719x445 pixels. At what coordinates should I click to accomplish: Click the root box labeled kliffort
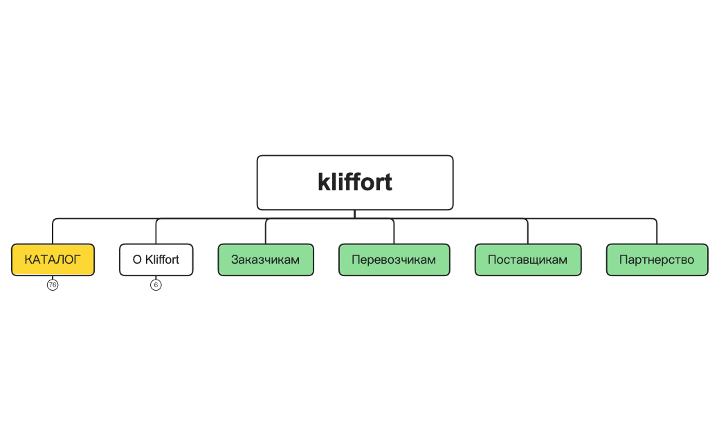tap(355, 183)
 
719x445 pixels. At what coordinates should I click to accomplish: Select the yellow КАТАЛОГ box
tap(53, 260)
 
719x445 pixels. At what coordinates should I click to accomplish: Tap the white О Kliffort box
tap(156, 260)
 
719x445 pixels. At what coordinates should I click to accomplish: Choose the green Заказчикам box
tap(266, 260)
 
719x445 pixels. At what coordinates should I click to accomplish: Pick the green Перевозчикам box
tap(394, 260)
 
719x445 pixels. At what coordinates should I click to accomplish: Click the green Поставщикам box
tap(528, 260)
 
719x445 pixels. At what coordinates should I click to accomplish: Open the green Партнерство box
tap(657, 260)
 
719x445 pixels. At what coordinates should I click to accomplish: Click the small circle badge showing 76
tap(53, 285)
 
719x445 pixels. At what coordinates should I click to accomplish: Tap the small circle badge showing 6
tap(156, 285)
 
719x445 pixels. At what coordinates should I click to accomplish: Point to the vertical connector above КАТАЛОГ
tap(53, 232)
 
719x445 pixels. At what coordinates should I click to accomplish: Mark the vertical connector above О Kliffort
tap(156, 232)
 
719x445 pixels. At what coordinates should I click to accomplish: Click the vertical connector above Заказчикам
tap(266, 232)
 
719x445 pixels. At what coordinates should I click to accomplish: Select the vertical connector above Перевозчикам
tap(394, 232)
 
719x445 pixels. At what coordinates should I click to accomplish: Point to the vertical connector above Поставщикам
tap(528, 232)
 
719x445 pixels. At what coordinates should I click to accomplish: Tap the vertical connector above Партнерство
tap(657, 232)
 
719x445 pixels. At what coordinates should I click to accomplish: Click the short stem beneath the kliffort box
tap(355, 215)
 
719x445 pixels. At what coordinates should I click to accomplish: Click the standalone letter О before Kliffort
tap(137, 260)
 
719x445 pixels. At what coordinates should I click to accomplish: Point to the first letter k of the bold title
tap(324, 182)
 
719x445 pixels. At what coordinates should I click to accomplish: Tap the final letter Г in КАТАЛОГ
tap(77, 260)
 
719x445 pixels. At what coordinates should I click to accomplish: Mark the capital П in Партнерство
tap(624, 260)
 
